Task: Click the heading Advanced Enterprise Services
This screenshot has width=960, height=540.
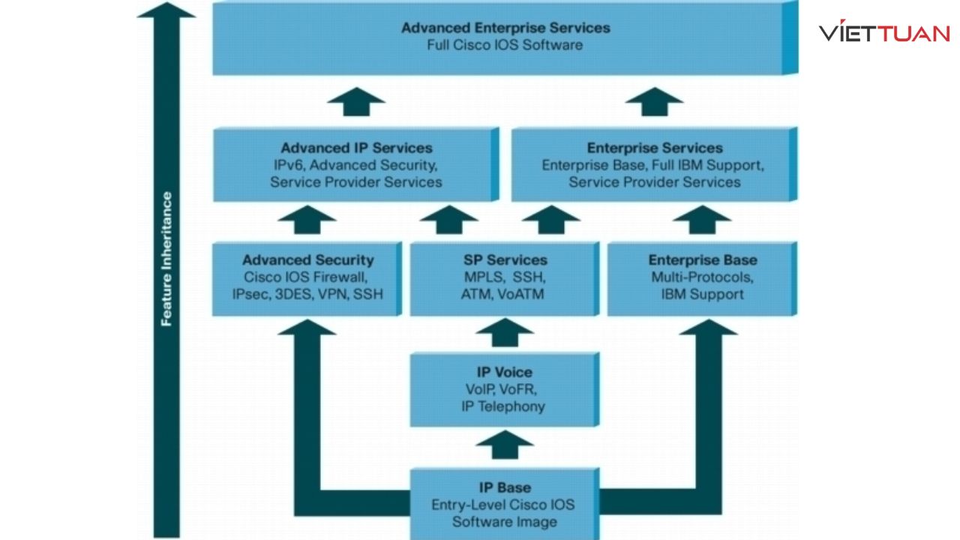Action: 505,28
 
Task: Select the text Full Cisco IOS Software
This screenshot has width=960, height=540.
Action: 505,45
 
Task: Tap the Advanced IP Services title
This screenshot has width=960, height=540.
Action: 356,148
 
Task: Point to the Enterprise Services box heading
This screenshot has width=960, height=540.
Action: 654,148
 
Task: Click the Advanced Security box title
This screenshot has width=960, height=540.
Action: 307,260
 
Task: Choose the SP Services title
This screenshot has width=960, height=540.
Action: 504,260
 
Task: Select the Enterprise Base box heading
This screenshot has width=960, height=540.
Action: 702,260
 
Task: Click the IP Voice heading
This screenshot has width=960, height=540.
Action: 504,372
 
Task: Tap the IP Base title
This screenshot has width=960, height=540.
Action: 504,487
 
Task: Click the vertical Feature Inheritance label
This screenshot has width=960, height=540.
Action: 167,259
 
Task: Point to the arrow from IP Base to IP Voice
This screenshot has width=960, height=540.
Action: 504,445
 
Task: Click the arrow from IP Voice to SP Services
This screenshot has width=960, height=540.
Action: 504,332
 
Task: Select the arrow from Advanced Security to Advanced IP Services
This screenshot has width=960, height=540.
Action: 307,220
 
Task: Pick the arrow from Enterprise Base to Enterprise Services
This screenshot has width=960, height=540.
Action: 702,220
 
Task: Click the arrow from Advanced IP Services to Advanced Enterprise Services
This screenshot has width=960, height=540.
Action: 356,101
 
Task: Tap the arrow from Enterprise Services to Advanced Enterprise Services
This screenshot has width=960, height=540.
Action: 654,101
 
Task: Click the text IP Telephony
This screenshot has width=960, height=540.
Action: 504,406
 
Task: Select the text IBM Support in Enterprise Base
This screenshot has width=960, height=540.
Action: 702,294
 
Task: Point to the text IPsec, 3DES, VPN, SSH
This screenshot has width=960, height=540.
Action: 307,294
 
